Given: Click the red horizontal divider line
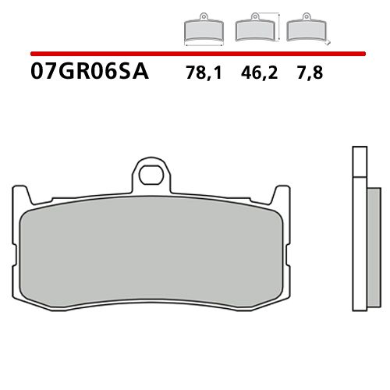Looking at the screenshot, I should pyautogui.click(x=195, y=55).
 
